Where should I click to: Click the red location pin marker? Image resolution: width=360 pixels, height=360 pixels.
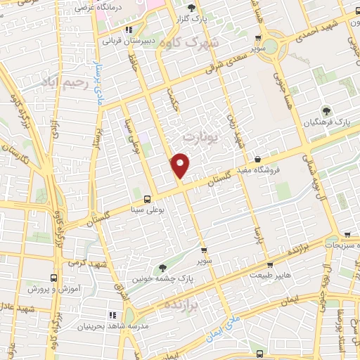pyautogui.click(x=181, y=165)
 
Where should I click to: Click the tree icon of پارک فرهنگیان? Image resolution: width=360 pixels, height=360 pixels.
pyautogui.click(x=326, y=110)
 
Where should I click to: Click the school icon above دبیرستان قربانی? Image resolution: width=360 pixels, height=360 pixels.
pyautogui.click(x=128, y=30)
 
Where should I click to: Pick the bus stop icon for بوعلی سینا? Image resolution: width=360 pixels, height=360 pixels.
pyautogui.click(x=147, y=198)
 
